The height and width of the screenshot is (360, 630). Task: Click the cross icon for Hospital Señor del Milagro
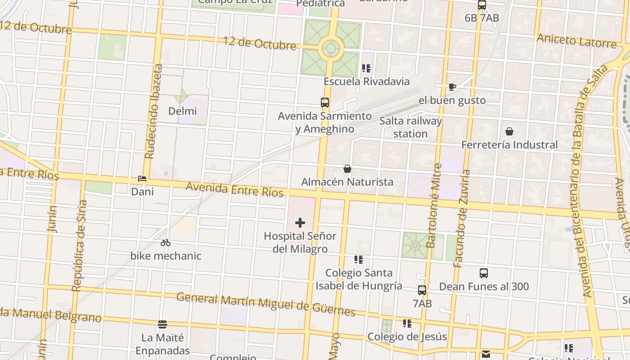[300, 223]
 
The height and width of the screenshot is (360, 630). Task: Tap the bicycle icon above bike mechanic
[166, 243]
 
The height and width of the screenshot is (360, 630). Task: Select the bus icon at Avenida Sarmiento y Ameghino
[325, 103]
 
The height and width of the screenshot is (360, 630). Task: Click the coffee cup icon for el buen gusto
[452, 87]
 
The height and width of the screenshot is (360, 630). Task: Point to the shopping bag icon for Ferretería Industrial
[509, 131]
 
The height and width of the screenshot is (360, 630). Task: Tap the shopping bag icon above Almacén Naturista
[347, 169]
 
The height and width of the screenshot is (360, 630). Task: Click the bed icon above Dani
[142, 179]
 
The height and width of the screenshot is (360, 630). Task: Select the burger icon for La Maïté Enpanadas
[162, 324]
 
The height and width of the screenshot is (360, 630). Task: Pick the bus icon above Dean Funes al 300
[484, 273]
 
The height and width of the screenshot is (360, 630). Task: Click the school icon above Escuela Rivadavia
[366, 68]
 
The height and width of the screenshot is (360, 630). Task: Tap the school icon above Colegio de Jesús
[407, 324]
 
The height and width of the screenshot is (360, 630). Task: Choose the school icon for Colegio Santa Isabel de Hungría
[359, 260]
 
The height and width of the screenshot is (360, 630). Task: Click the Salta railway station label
[410, 127]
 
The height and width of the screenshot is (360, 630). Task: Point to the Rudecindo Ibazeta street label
[153, 112]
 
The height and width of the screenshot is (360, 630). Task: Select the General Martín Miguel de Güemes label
[265, 305]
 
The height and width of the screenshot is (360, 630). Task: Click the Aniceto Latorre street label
[576, 41]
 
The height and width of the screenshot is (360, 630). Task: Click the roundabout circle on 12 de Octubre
[331, 49]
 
